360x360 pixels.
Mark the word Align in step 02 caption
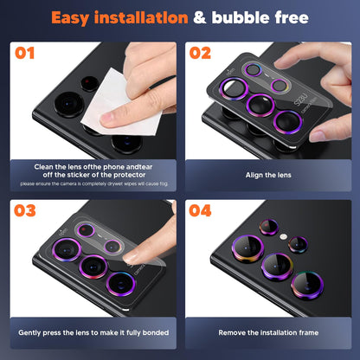click(245, 176)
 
